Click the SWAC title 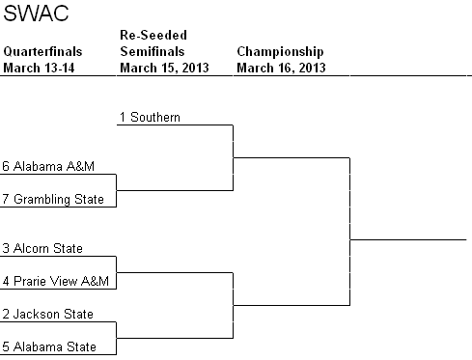pyautogui.click(x=28, y=16)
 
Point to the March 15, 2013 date pyautogui.click(x=162, y=68)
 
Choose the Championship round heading pyautogui.click(x=280, y=51)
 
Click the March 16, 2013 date pyautogui.click(x=280, y=68)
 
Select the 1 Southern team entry pyautogui.click(x=150, y=117)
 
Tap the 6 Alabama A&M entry pyautogui.click(x=47, y=166)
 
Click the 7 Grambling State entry pyautogui.click(x=54, y=199)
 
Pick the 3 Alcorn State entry pyautogui.click(x=42, y=248)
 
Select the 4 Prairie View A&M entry pyautogui.click(x=56, y=281)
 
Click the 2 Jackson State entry pyautogui.click(x=48, y=314)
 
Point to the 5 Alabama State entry pyautogui.click(x=49, y=346)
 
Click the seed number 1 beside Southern pyautogui.click(x=124, y=117)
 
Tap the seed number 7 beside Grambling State pyautogui.click(x=7, y=199)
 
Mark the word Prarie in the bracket pyautogui.click(x=33, y=281)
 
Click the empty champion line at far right pyautogui.click(x=407, y=237)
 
